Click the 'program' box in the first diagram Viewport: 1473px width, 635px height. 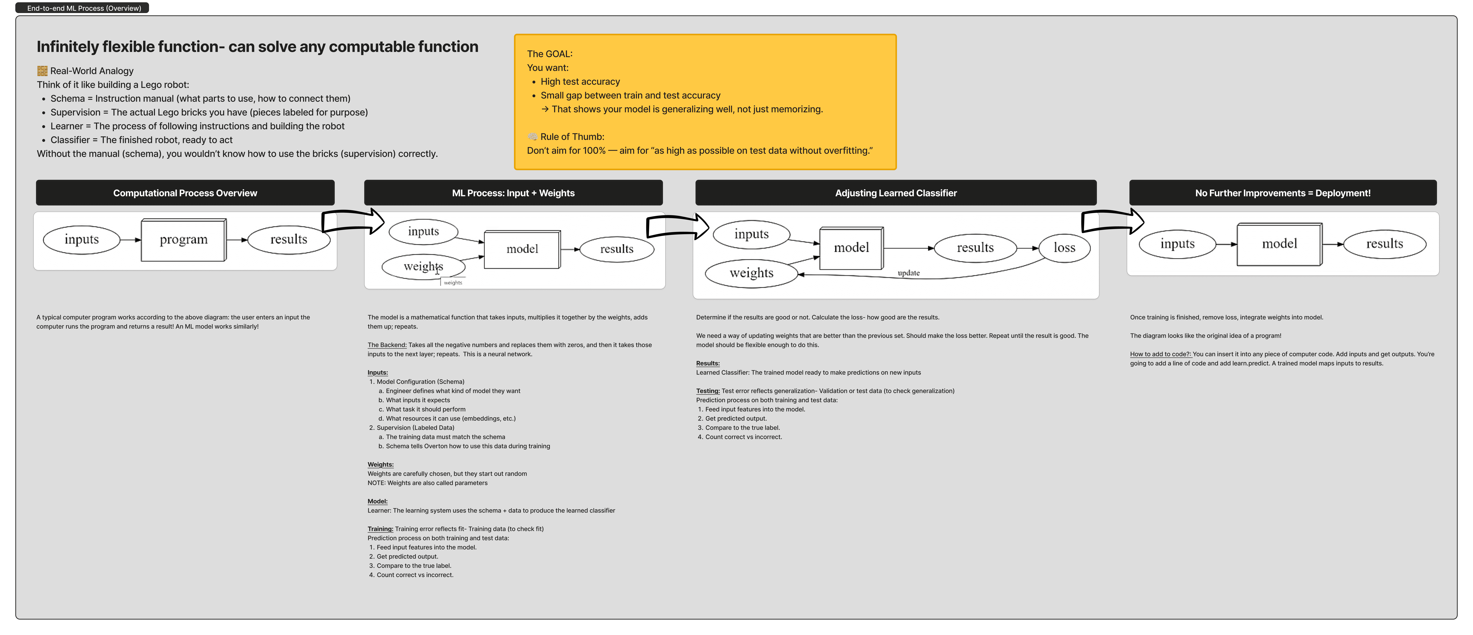[x=184, y=240]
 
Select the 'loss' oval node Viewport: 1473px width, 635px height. [x=1064, y=248]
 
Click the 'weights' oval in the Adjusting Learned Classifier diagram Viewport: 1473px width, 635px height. [x=751, y=274]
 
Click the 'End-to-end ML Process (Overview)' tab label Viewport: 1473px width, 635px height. [x=84, y=8]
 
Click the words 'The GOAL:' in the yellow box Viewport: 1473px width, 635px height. [x=550, y=54]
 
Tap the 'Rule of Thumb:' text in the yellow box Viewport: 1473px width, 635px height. [x=572, y=137]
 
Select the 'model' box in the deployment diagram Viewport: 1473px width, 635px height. [x=1279, y=244]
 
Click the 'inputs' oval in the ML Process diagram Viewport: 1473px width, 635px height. [x=423, y=232]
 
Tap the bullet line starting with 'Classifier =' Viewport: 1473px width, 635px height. [x=141, y=140]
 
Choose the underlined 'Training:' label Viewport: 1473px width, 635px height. [x=380, y=529]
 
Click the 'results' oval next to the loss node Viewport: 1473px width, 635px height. [x=975, y=248]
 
